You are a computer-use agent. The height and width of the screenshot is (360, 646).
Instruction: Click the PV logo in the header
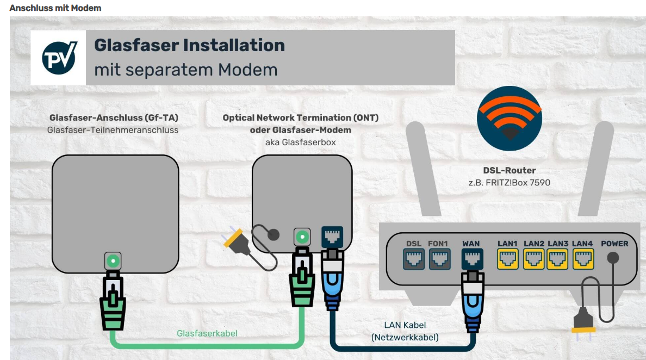tap(59, 58)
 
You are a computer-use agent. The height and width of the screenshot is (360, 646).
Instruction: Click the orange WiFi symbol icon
tap(510, 118)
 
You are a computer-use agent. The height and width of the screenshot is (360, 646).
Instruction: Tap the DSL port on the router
tap(414, 259)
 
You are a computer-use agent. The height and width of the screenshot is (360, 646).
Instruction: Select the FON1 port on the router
tap(439, 259)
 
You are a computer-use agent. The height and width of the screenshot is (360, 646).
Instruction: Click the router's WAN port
tap(471, 259)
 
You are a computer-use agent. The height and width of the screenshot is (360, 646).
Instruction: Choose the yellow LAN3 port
tap(558, 259)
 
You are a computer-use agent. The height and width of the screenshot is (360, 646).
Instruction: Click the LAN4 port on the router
tap(582, 259)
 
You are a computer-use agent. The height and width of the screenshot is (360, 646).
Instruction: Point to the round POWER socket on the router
tap(613, 258)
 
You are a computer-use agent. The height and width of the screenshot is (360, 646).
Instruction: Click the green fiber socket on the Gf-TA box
tap(113, 262)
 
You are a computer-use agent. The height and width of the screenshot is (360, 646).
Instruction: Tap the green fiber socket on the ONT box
tap(302, 237)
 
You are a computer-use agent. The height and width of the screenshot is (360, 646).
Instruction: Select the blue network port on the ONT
tap(332, 237)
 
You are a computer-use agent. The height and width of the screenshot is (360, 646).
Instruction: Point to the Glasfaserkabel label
tap(207, 333)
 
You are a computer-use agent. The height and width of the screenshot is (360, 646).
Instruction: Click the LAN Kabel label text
tap(405, 325)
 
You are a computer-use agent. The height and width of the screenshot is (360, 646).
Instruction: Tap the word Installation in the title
tap(234, 45)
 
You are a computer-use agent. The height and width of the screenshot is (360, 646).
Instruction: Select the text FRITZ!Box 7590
tap(516, 183)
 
